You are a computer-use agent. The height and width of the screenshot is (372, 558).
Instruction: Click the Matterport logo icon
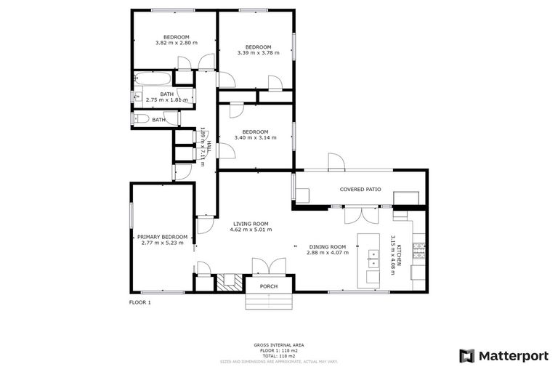coord(467,355)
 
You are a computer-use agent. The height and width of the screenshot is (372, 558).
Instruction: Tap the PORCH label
coord(269,286)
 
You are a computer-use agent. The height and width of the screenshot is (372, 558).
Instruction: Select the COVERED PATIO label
coord(360,189)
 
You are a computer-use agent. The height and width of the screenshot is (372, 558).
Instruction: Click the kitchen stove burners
coord(420,251)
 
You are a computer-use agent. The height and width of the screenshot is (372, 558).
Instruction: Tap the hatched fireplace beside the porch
coord(231,281)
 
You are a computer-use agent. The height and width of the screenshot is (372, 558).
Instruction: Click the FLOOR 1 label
coord(139,302)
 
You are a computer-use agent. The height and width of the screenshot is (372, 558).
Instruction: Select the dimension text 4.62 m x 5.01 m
coord(251,230)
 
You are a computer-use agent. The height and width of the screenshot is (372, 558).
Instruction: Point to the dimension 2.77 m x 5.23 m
coord(163,243)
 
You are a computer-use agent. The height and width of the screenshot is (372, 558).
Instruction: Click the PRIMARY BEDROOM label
coord(163,237)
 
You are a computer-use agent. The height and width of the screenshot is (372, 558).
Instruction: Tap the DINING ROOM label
coord(327,246)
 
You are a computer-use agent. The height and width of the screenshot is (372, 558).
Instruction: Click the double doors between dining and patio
coord(361,213)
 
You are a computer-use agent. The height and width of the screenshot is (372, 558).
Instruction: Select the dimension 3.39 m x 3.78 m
coord(258,52)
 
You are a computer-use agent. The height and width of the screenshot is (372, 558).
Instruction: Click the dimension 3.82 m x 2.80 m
coord(176,43)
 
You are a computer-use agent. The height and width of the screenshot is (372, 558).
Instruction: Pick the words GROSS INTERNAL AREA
coord(279,344)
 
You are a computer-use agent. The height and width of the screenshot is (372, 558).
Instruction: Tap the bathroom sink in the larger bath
coord(137,96)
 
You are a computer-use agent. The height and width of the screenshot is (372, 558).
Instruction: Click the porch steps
coord(269,301)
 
